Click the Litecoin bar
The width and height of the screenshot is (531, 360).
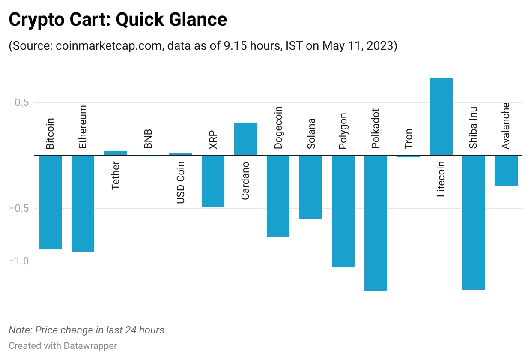pos(441,116)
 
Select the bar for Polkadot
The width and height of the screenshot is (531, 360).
pos(376,222)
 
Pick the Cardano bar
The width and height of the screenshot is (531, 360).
pos(245,138)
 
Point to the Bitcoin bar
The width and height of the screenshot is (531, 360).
pos(50,202)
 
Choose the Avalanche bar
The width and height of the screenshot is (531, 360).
pos(506,170)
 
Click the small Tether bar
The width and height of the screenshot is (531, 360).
pos(115,153)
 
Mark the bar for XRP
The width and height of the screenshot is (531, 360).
pos(213,181)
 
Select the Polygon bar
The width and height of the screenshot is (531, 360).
pos(343,211)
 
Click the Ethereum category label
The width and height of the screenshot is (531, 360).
pos(83,127)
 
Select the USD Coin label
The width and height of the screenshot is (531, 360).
pos(180,182)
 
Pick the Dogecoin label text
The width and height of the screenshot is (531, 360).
pos(278,127)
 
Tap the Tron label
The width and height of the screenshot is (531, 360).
pos(408,138)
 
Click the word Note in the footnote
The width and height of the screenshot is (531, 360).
pos(20,330)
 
